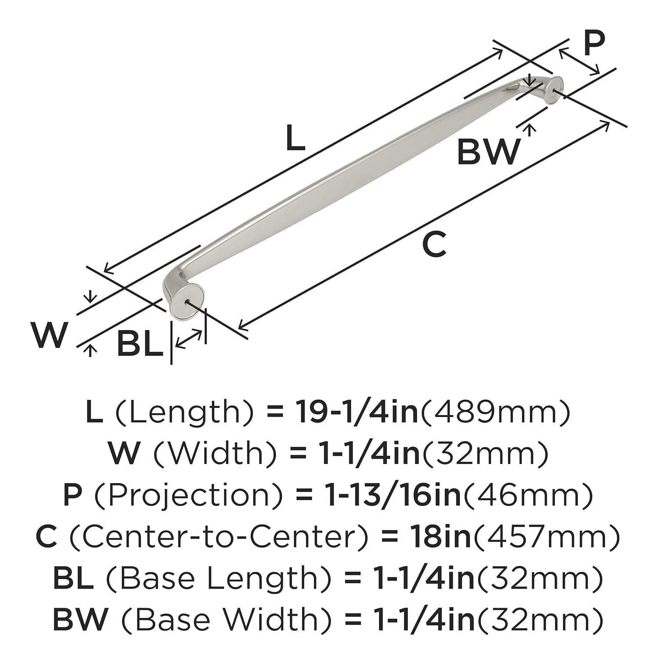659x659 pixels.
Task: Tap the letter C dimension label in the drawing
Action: [x=434, y=244]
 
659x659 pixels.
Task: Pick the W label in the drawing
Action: [x=50, y=335]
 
